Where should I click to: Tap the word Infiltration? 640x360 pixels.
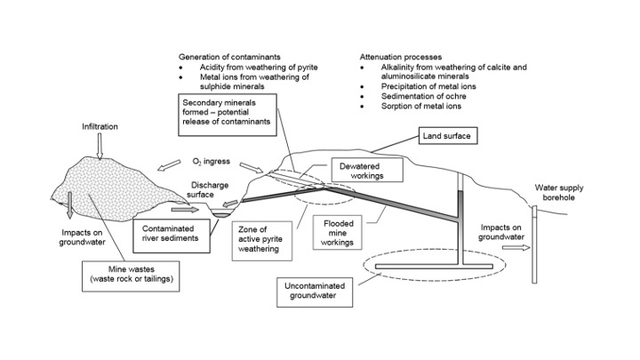tap(100, 127)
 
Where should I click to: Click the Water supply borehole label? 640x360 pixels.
tap(560, 193)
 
